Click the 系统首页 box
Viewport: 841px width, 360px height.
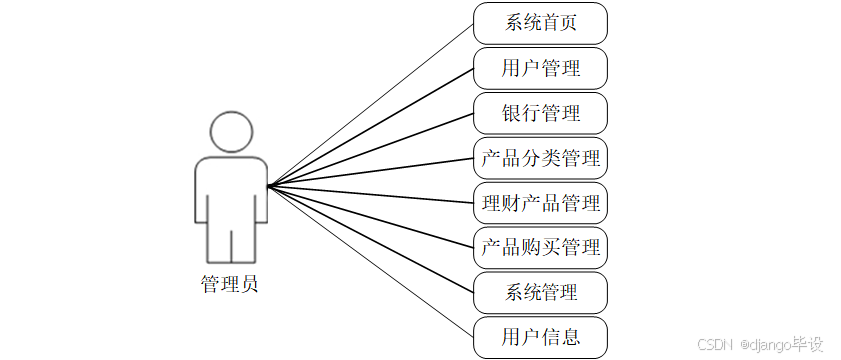(x=540, y=23)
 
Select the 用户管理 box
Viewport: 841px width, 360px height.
(x=540, y=68)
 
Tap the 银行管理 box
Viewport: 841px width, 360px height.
(x=540, y=113)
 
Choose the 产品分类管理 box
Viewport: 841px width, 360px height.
(x=540, y=158)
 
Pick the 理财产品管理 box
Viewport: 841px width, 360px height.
(x=540, y=203)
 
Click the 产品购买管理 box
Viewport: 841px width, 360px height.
(x=540, y=247)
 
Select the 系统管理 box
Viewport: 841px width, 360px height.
(x=540, y=292)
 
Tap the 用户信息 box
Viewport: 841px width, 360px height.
(x=540, y=337)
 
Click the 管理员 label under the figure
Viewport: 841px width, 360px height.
(x=229, y=284)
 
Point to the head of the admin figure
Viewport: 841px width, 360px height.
(x=230, y=132)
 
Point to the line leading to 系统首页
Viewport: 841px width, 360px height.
(x=370, y=104)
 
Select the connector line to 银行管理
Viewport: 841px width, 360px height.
(x=370, y=149)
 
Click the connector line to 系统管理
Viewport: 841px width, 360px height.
(x=370, y=239)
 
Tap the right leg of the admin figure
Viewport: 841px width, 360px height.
(x=247, y=245)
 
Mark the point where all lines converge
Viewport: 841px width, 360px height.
(x=268, y=186)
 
